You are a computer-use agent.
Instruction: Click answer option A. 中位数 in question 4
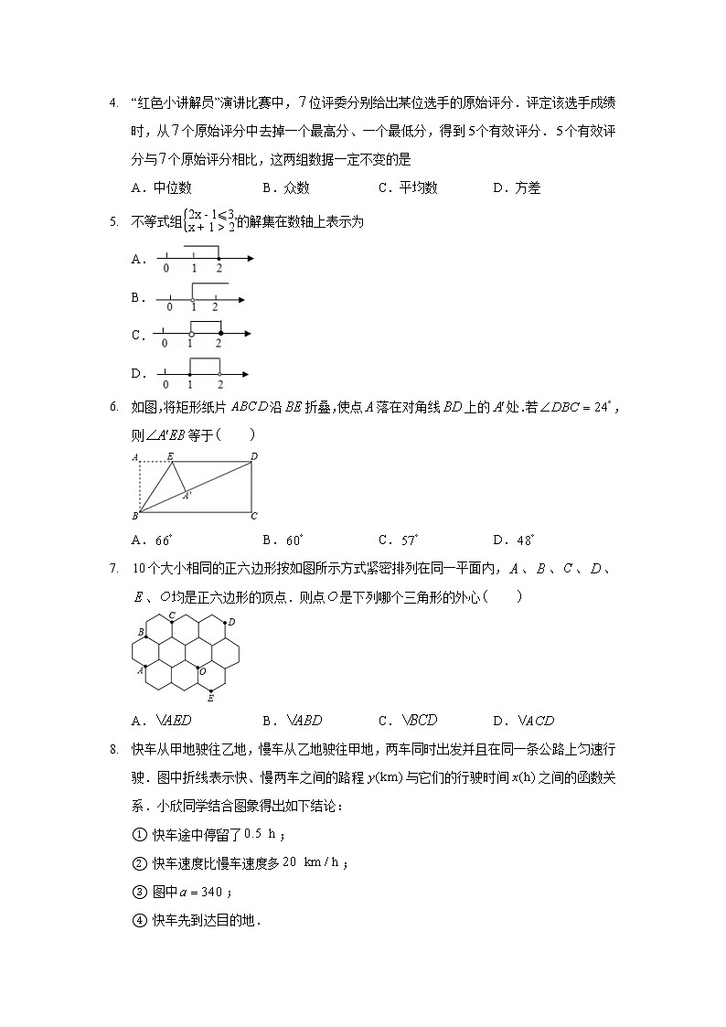(x=162, y=187)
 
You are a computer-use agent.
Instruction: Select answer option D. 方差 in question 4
(x=517, y=187)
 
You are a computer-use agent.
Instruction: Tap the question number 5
(x=112, y=221)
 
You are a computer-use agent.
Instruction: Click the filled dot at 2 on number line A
(x=219, y=259)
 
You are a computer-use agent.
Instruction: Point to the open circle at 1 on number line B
(x=192, y=298)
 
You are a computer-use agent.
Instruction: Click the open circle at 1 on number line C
(x=190, y=335)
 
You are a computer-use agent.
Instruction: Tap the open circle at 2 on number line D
(x=220, y=373)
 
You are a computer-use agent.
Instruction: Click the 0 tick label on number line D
(x=165, y=384)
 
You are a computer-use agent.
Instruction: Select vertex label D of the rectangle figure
(x=253, y=455)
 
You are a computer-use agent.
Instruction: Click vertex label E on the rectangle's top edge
(x=171, y=455)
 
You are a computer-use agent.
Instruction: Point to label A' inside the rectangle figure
(x=187, y=496)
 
